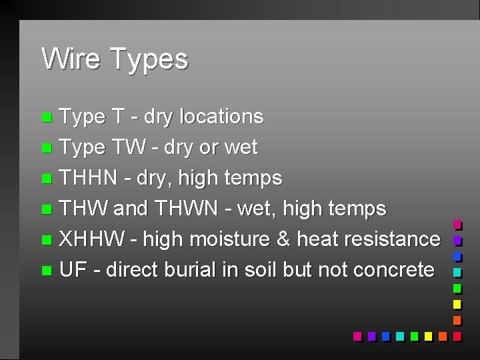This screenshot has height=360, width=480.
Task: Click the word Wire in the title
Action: (x=71, y=59)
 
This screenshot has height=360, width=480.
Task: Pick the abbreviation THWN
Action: (x=185, y=209)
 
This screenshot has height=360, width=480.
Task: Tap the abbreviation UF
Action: (x=73, y=270)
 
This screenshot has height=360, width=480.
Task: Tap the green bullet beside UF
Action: (x=45, y=271)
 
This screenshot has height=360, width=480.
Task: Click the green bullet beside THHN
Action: (x=45, y=179)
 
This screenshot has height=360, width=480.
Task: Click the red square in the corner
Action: (x=457, y=336)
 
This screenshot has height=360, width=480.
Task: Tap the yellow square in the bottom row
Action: (x=427, y=336)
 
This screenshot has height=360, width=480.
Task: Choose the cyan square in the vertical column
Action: (x=457, y=272)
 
